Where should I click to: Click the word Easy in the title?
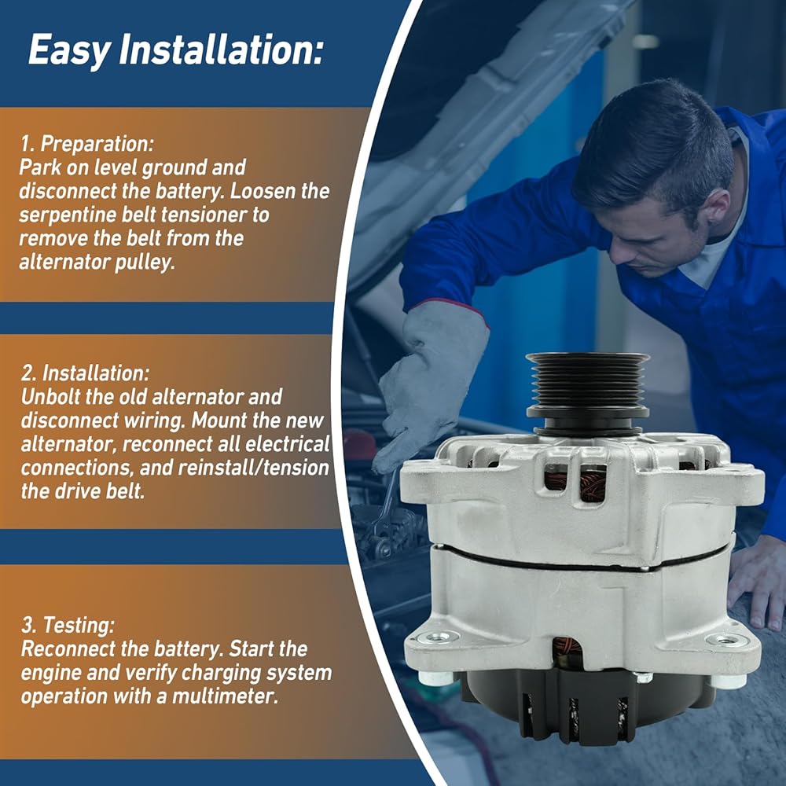point(70,50)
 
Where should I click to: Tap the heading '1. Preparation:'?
point(87,144)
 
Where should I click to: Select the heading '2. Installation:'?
point(85,373)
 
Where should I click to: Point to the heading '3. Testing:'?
point(68,626)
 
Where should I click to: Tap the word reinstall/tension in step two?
point(253,468)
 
